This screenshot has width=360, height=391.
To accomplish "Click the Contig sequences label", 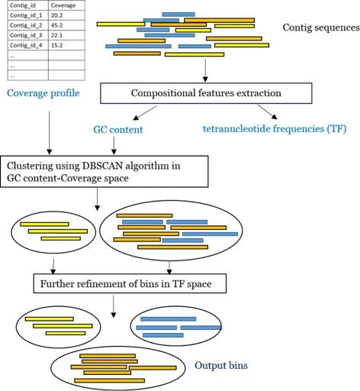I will pos(320,28).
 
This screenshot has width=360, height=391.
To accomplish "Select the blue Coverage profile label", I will pos(43,94).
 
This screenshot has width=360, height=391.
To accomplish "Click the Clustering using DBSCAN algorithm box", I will pos(105,173).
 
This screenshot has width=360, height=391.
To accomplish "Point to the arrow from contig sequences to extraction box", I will pos(206,70).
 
